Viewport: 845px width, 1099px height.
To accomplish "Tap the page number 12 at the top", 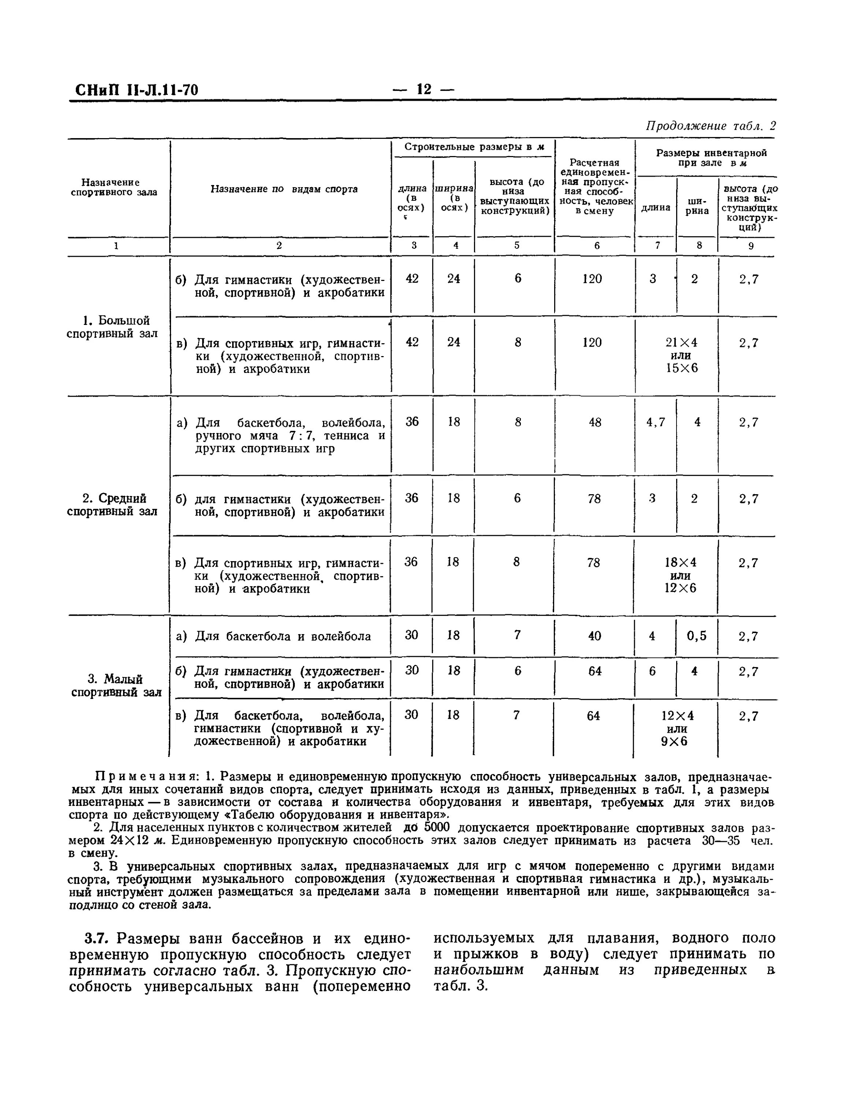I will (x=423, y=89).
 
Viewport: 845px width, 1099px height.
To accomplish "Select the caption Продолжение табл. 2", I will (x=710, y=126).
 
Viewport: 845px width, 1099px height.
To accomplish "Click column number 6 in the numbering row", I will (x=597, y=245).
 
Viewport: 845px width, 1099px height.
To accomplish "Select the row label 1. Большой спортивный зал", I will (x=112, y=327).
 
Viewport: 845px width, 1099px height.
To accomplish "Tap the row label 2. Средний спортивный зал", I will (x=113, y=504).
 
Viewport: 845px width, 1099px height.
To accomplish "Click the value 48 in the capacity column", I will (x=595, y=422).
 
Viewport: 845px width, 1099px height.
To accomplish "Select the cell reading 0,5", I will (x=696, y=636).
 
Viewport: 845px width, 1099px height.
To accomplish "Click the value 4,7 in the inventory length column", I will (x=655, y=422).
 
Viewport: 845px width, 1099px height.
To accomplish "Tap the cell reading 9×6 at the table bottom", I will (x=674, y=741).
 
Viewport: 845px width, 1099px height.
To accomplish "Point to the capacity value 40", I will (x=594, y=636).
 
